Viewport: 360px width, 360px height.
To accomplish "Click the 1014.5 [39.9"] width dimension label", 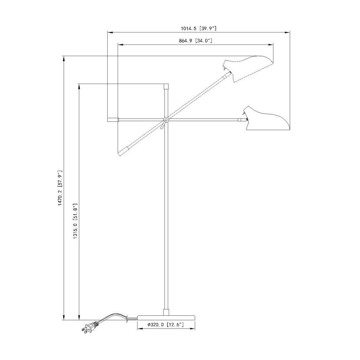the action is point(199,28).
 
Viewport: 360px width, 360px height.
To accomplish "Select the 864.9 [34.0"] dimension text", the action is point(195,41).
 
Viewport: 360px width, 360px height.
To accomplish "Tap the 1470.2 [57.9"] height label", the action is point(60,188).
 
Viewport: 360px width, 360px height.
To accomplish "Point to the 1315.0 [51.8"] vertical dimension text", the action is point(76,221).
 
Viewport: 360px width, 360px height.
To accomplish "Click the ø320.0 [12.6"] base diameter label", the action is point(165,324).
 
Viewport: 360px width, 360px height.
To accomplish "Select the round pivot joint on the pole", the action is point(166,120).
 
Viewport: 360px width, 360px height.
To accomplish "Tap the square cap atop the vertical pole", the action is point(166,86).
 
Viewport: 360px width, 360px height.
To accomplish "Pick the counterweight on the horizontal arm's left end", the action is point(113,120).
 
